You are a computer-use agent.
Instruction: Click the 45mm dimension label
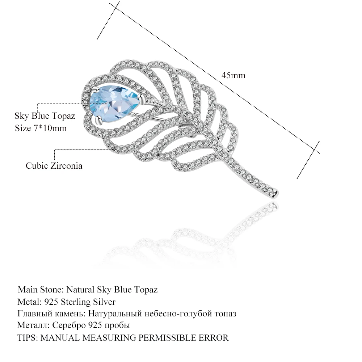pos(233,75)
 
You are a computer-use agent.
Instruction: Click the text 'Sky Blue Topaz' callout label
pos(45,116)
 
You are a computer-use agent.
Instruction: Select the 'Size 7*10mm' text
pos(41,128)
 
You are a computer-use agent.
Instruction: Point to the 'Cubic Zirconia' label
pos(54,166)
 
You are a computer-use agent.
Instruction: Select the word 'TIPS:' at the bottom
pos(28,338)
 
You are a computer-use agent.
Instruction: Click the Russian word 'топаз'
pos(226,313)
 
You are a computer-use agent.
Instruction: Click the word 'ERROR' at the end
pos(214,338)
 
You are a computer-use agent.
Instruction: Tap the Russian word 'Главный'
pos(33,313)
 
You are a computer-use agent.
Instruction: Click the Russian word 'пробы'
pos(118,325)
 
